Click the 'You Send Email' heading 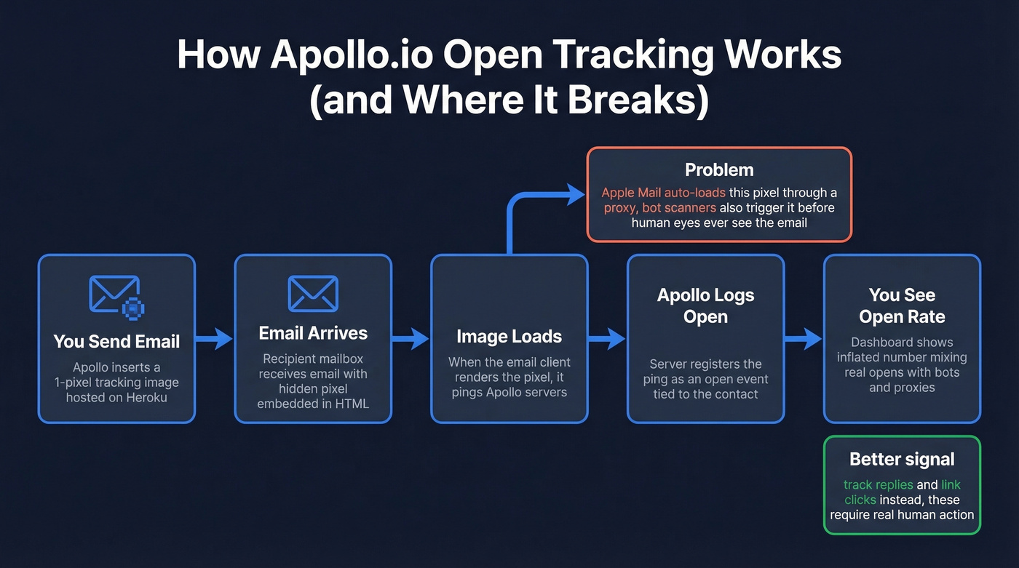coord(116,341)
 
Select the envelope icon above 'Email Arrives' coord(313,294)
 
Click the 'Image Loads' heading coord(509,337)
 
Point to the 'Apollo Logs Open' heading coord(705,305)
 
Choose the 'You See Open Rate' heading coord(902,305)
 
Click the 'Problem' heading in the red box coord(719,169)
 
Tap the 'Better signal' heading coord(902,459)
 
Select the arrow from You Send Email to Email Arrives coord(215,338)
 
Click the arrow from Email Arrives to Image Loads coord(411,338)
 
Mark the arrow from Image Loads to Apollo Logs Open coord(607,338)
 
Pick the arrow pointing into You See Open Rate coord(804,338)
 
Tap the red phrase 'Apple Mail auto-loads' coord(663,193)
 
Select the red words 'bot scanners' coord(680,207)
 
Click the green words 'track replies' coord(878,484)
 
